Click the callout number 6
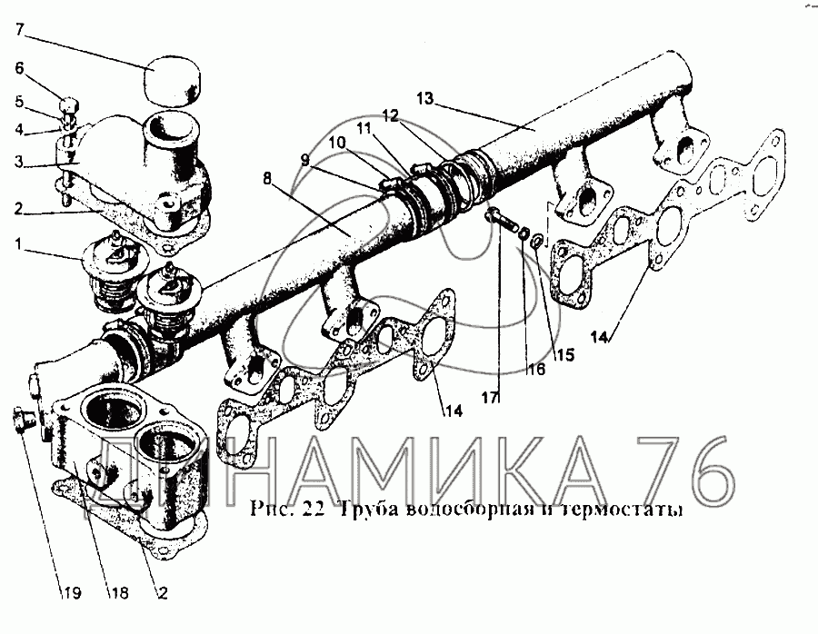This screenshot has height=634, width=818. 20,68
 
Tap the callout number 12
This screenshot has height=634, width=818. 390,115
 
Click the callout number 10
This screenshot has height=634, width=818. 338,143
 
